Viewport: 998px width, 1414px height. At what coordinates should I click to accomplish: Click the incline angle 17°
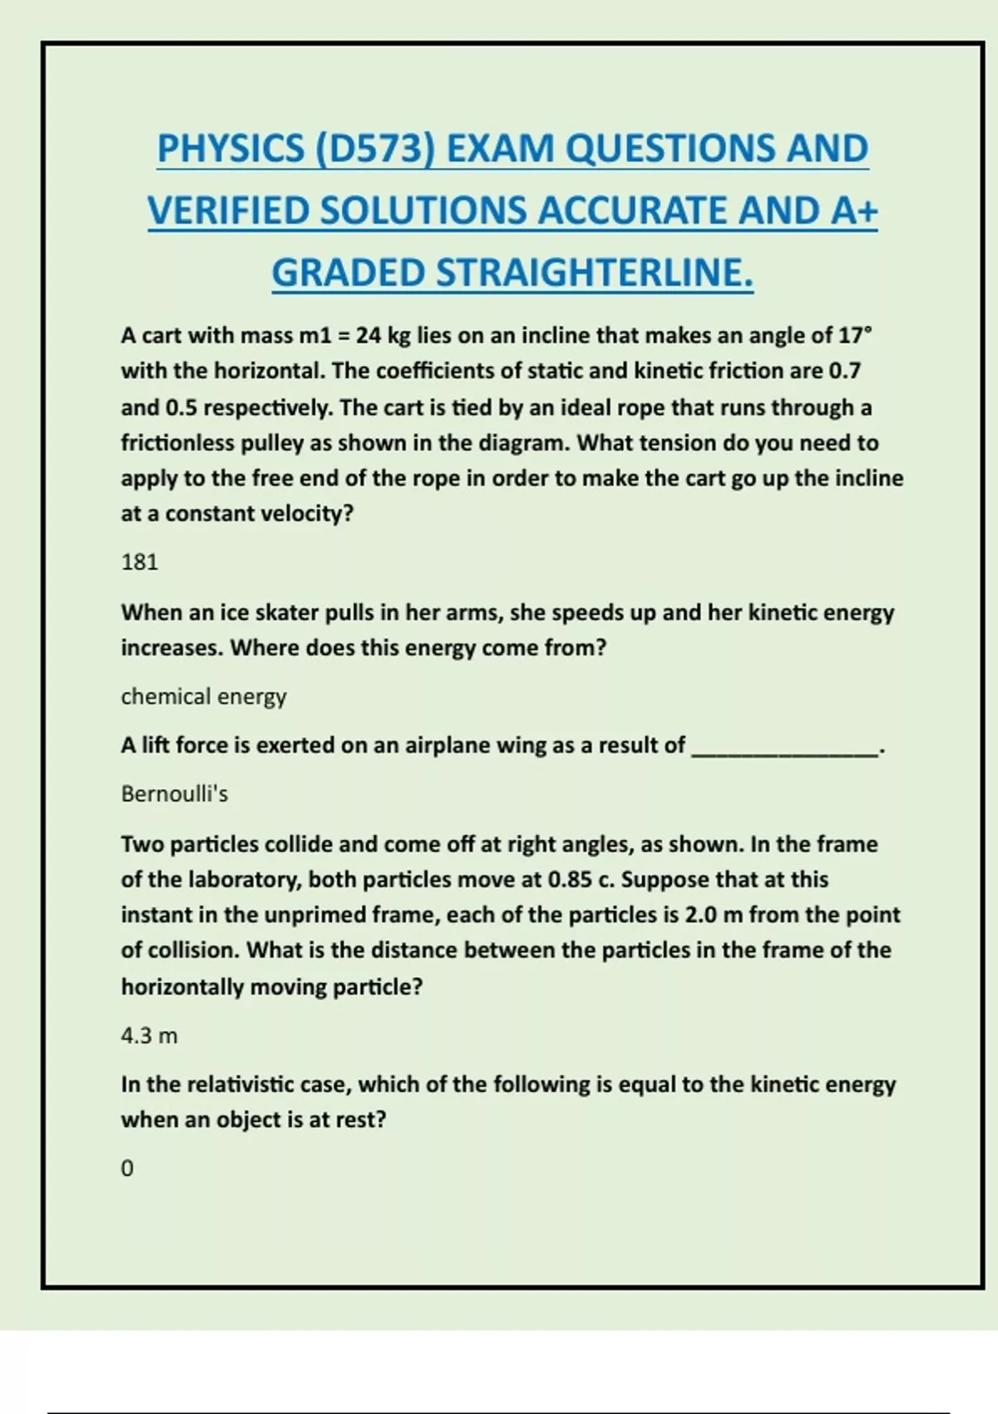coord(855,335)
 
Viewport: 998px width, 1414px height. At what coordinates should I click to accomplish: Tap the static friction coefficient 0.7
coord(845,371)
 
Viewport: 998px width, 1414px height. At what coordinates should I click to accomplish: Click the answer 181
coord(139,562)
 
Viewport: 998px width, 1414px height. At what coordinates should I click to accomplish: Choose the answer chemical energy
coord(204,696)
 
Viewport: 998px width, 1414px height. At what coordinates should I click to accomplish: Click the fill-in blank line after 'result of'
coord(785,752)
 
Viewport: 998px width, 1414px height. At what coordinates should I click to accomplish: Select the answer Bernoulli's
coord(175,794)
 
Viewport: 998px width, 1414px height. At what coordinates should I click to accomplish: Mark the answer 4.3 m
coord(150,1036)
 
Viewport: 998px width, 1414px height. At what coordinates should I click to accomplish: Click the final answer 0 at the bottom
coord(127,1169)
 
